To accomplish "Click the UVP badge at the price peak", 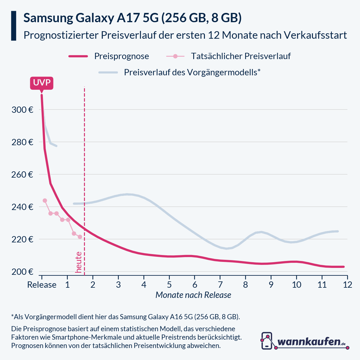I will [42, 83].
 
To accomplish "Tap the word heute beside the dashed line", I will [79, 262].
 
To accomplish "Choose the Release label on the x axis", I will [42, 285].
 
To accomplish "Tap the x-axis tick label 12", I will [347, 285].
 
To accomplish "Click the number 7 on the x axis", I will [220, 285].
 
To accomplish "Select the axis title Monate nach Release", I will [193, 295].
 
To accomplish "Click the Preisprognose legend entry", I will [121, 56].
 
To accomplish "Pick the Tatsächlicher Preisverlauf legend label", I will [241, 56].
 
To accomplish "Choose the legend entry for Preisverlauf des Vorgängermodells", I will [192, 72].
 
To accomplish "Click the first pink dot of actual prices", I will [45, 200].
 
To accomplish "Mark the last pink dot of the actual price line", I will [80, 237].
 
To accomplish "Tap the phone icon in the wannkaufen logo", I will [267, 340].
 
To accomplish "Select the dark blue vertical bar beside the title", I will [13, 26].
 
